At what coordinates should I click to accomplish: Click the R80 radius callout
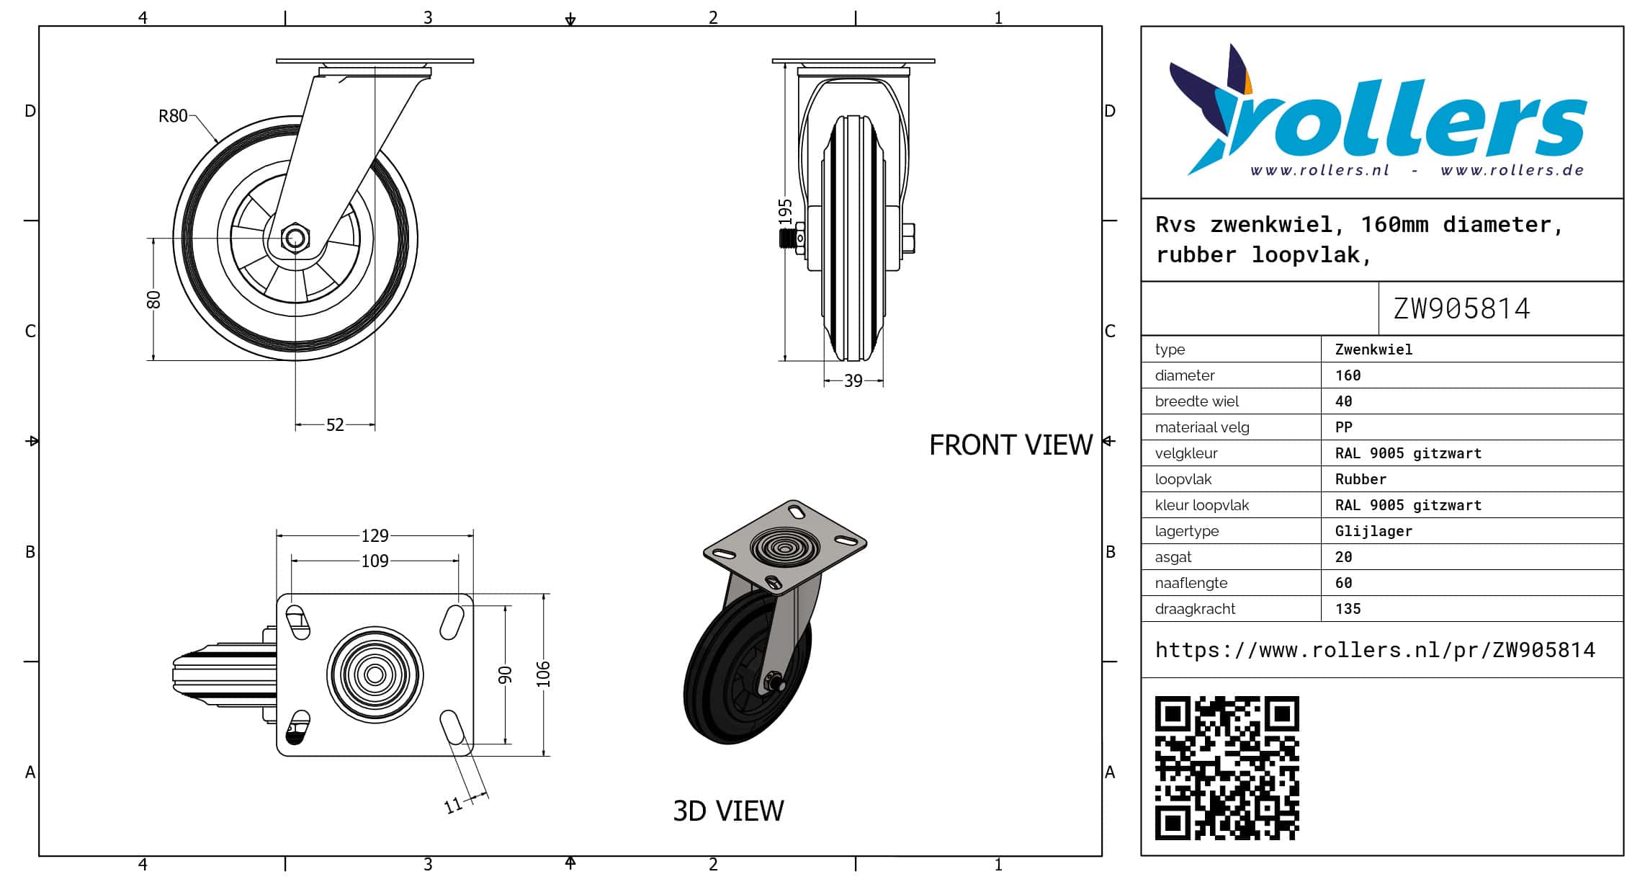pyautogui.click(x=173, y=116)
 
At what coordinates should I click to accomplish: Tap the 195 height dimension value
pyautogui.click(x=785, y=212)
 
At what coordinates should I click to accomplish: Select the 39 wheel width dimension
pyautogui.click(x=853, y=380)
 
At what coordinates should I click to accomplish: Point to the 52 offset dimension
pyautogui.click(x=335, y=424)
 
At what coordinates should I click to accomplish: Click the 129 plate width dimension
pyautogui.click(x=375, y=535)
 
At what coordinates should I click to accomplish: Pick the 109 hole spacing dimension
pyautogui.click(x=375, y=561)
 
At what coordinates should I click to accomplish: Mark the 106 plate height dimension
pyautogui.click(x=543, y=674)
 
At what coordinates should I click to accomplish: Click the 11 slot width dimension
pyautogui.click(x=453, y=805)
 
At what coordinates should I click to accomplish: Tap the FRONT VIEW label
pyautogui.click(x=1011, y=445)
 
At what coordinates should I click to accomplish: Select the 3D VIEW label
pyautogui.click(x=728, y=811)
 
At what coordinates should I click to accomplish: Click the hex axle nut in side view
pyautogui.click(x=295, y=237)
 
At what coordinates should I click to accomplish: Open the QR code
pyautogui.click(x=1227, y=767)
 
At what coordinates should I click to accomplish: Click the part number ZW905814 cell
pyautogui.click(x=1461, y=308)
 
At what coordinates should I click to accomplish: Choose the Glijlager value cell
pyautogui.click(x=1373, y=531)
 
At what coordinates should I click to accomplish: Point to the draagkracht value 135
pyautogui.click(x=1348, y=609)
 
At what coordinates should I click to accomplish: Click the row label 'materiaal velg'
pyautogui.click(x=1202, y=427)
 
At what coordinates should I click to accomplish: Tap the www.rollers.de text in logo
pyautogui.click(x=1512, y=171)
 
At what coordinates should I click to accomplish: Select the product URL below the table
pyautogui.click(x=1375, y=650)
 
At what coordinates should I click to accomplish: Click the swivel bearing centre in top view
pyautogui.click(x=375, y=674)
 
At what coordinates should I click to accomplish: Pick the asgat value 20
pyautogui.click(x=1343, y=557)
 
